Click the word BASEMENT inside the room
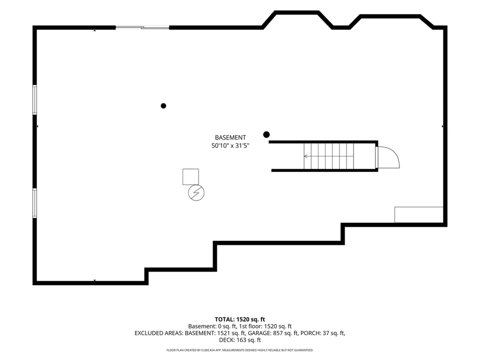pyautogui.click(x=230, y=138)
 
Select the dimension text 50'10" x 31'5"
pyautogui.click(x=230, y=146)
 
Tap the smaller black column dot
pyautogui.click(x=163, y=106)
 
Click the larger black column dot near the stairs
pyautogui.click(x=266, y=134)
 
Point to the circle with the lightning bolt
pyautogui.click(x=196, y=193)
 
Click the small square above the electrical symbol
pyautogui.click(x=191, y=177)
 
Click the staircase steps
pyautogui.click(x=329, y=156)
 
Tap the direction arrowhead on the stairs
pyautogui.click(x=305, y=156)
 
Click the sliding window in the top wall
pyautogui.click(x=142, y=28)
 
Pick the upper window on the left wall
pyautogui.click(x=35, y=100)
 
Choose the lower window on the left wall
pyautogui.click(x=35, y=203)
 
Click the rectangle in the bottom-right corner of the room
pyautogui.click(x=419, y=215)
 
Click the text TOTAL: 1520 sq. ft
pyautogui.click(x=240, y=320)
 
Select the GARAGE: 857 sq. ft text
pyautogui.click(x=273, y=333)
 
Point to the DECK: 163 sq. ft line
pyautogui.click(x=240, y=340)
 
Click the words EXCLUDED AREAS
pyautogui.click(x=159, y=333)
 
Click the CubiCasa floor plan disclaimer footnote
pyautogui.click(x=240, y=350)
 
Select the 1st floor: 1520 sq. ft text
pyautogui.click(x=266, y=326)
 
